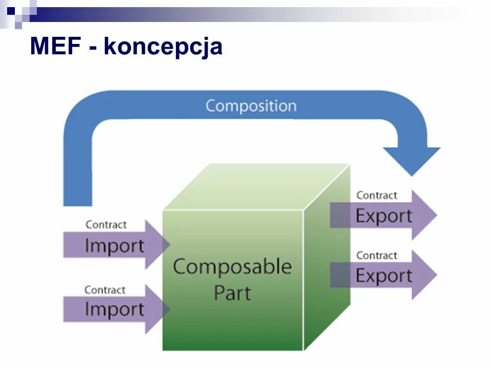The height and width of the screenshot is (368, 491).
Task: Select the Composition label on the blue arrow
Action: tap(251, 106)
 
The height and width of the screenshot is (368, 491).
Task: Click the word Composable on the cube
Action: tap(232, 267)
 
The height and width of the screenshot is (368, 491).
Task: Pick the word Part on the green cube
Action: tap(232, 293)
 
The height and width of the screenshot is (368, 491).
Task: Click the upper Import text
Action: tap(114, 246)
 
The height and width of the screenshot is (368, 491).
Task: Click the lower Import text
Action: tap(114, 309)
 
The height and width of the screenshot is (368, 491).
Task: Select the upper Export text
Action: tap(384, 216)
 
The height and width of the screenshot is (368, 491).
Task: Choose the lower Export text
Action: tap(384, 276)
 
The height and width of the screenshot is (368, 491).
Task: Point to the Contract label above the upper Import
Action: tap(106, 224)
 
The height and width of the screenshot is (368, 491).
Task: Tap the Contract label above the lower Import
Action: tap(105, 290)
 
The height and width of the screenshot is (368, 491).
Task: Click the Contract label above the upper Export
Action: tap(376, 195)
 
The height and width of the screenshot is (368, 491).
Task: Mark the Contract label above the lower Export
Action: tap(376, 255)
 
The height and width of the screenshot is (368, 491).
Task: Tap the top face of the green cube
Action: tap(256, 187)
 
